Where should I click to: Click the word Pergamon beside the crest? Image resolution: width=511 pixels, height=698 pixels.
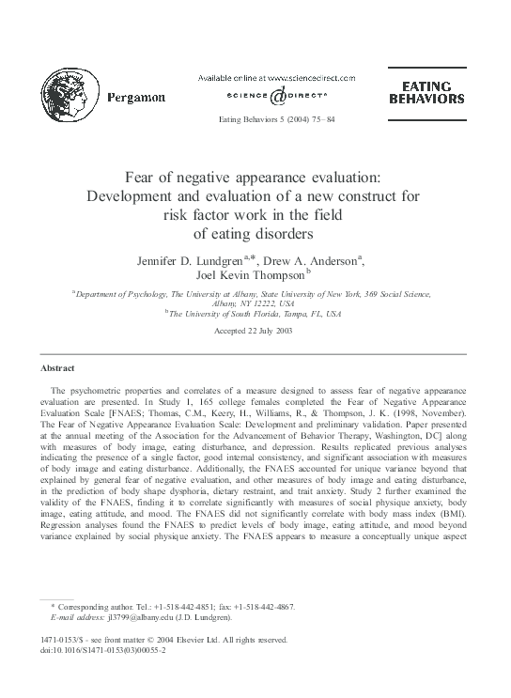pyautogui.click(x=137, y=97)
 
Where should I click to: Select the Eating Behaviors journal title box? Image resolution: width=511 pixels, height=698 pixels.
pyautogui.click(x=421, y=92)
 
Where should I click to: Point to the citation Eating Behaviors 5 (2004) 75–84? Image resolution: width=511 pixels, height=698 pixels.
pyautogui.click(x=276, y=120)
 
